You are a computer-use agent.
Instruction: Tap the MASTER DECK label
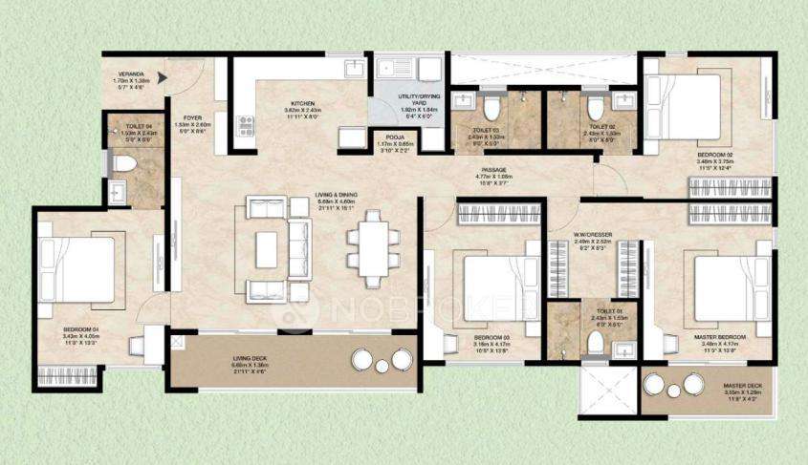(742, 386)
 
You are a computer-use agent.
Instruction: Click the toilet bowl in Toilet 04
(120, 162)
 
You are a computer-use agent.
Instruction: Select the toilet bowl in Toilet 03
(491, 105)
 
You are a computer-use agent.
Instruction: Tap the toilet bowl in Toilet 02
(594, 105)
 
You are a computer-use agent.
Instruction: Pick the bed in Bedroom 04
(76, 270)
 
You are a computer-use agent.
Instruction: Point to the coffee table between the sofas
(267, 249)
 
